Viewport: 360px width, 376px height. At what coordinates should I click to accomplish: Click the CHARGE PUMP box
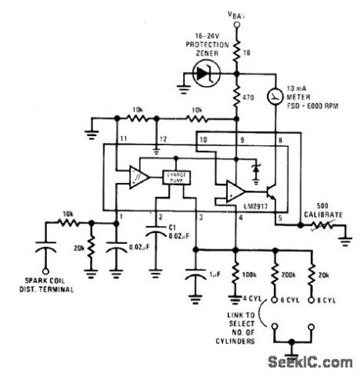(x=175, y=177)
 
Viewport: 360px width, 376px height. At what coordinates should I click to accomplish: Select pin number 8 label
(x=280, y=140)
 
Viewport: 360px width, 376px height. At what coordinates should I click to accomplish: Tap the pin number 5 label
(x=280, y=217)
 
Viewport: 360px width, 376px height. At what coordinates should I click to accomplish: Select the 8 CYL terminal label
(x=320, y=298)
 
